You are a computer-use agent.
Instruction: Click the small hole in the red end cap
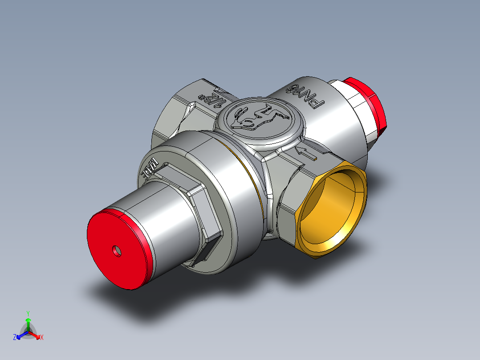click(x=118, y=251)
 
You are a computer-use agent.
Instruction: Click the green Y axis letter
click(x=28, y=313)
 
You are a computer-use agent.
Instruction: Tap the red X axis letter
click(x=42, y=338)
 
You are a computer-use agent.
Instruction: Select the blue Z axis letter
click(x=15, y=338)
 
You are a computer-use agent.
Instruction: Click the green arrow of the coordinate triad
click(x=28, y=323)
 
